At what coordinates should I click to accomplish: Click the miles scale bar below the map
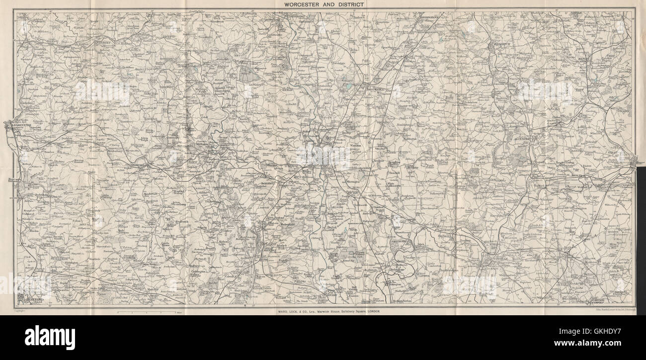point(146,312)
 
